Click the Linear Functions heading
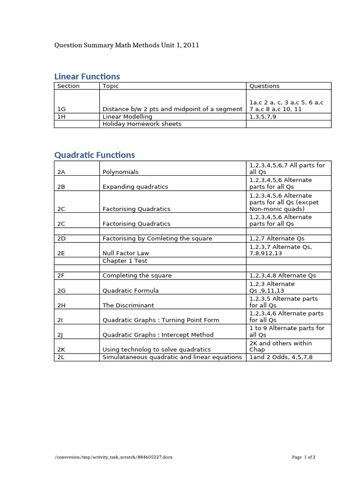tap(87, 76)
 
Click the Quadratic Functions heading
tap(95, 155)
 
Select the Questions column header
tap(264, 86)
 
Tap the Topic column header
tap(111, 86)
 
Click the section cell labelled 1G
tap(61, 109)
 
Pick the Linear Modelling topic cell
tap(127, 116)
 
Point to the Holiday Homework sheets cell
tap(142, 124)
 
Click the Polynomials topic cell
tap(120, 172)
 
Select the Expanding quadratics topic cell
tap(135, 187)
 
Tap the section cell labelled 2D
tap(61, 239)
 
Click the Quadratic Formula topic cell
tap(130, 291)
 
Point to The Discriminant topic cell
tap(128, 305)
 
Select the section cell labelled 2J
tap(60, 335)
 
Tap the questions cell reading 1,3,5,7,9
tap(263, 116)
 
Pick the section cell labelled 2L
tap(61, 357)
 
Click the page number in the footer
tap(304, 457)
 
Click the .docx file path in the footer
tap(113, 457)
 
